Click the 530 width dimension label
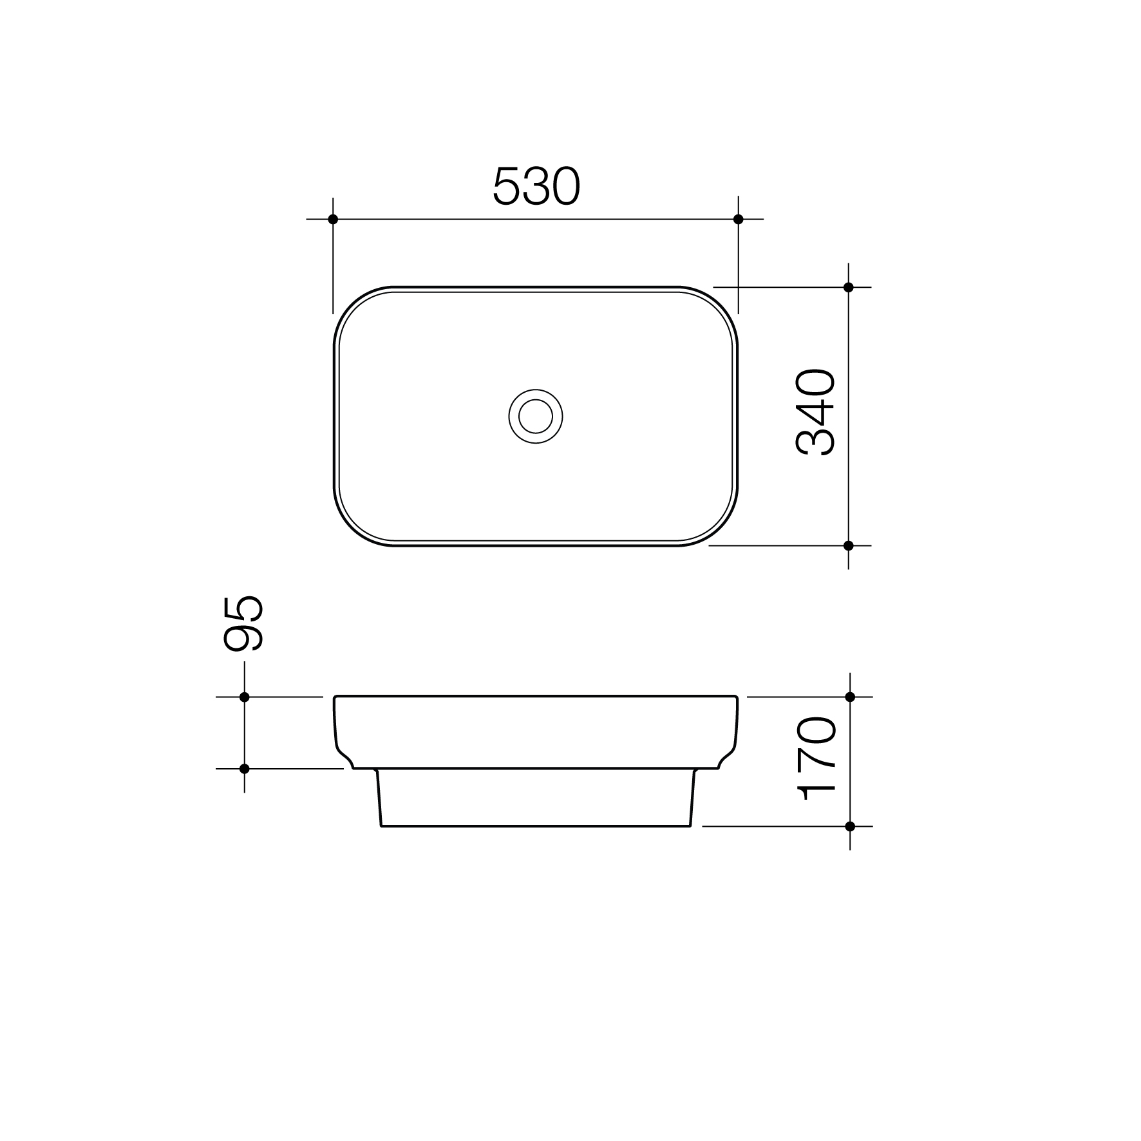536,186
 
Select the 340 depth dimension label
815,412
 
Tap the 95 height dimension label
243,623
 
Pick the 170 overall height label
816,759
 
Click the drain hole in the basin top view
536,416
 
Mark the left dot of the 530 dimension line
333,219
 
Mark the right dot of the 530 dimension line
739,219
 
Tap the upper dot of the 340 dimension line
849,287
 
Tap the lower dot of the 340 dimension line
849,545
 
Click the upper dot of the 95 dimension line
244,697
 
